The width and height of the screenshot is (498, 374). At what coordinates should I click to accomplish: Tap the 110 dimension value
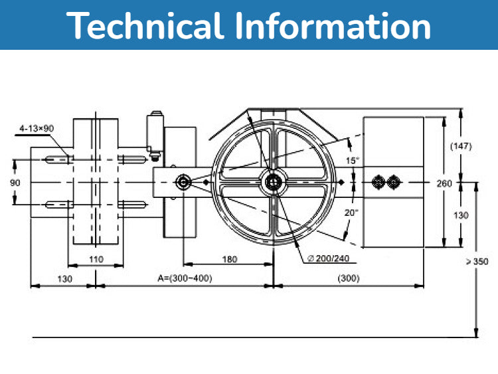click(x=96, y=260)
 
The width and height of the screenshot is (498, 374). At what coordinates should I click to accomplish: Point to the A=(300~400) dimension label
click(x=185, y=278)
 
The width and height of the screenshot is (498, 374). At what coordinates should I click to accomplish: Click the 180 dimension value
click(x=228, y=260)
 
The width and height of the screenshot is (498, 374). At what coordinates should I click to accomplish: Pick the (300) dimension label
click(x=349, y=278)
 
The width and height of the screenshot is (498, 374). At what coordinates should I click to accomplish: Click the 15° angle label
click(x=353, y=161)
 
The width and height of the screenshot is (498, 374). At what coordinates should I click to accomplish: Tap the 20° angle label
click(x=353, y=213)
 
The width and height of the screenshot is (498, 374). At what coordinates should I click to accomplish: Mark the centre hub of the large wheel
click(x=272, y=181)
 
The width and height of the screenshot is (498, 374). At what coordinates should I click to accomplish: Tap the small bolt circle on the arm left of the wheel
click(x=182, y=181)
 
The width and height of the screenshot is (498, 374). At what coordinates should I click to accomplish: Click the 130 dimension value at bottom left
click(x=64, y=278)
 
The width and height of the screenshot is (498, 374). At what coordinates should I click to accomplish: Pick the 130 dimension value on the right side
click(x=461, y=215)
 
